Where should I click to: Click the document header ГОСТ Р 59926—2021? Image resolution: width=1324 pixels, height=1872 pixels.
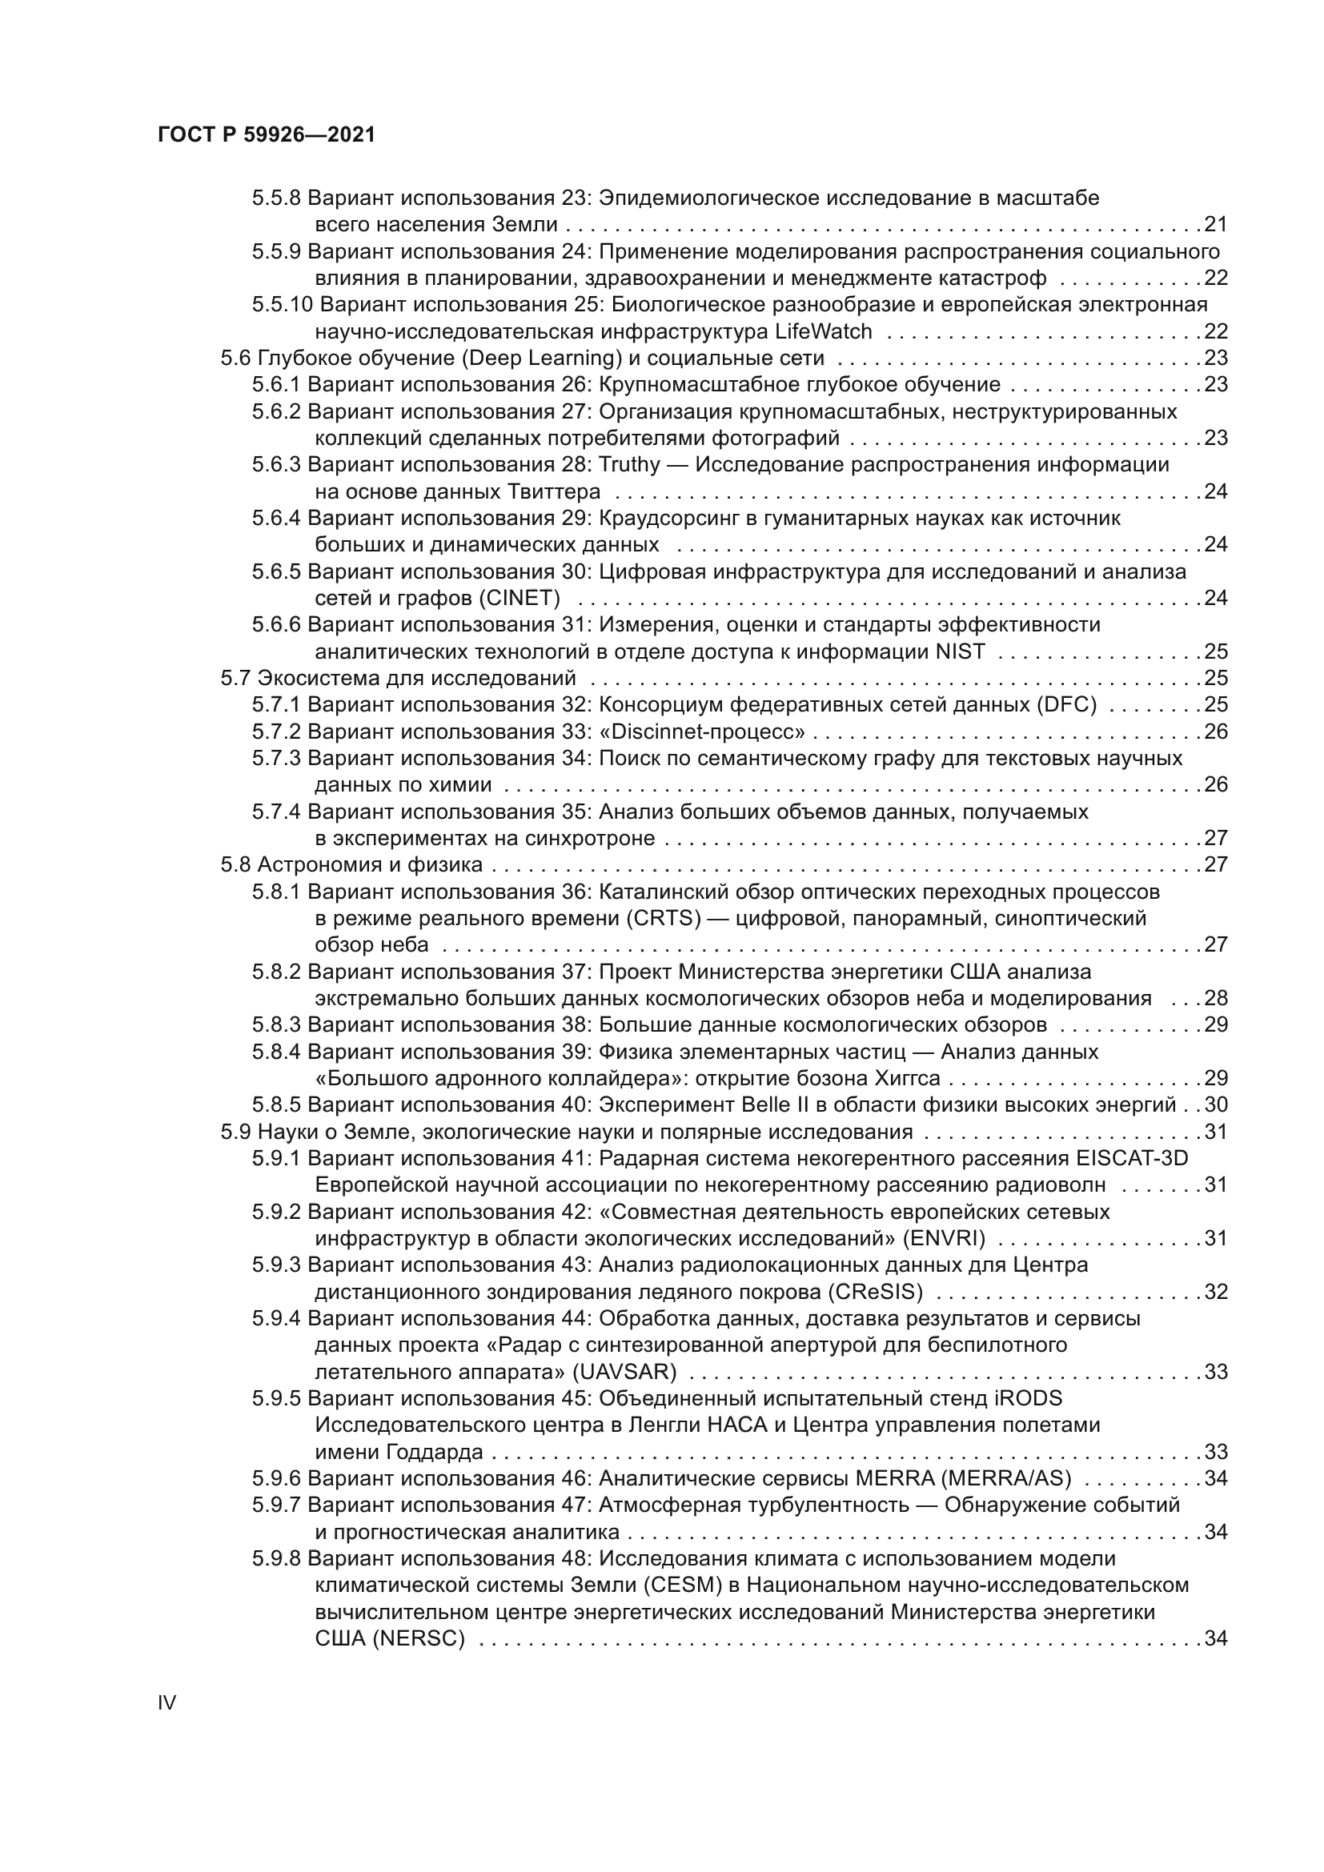click(267, 135)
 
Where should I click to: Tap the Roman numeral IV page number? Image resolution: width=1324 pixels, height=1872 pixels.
click(167, 1702)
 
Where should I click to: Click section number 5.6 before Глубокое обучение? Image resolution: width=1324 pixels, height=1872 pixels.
click(236, 358)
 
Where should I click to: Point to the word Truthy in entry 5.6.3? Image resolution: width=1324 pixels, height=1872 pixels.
click(629, 465)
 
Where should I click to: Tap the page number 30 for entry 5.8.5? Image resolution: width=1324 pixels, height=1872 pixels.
click(1216, 1104)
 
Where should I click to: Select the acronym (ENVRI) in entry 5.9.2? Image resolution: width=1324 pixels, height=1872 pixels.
click(944, 1238)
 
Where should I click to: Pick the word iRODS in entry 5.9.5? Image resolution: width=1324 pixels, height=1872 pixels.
click(1029, 1399)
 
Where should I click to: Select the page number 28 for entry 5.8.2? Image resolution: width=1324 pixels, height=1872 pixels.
click(1216, 999)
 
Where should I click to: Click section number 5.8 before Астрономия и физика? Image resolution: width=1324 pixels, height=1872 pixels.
click(236, 864)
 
